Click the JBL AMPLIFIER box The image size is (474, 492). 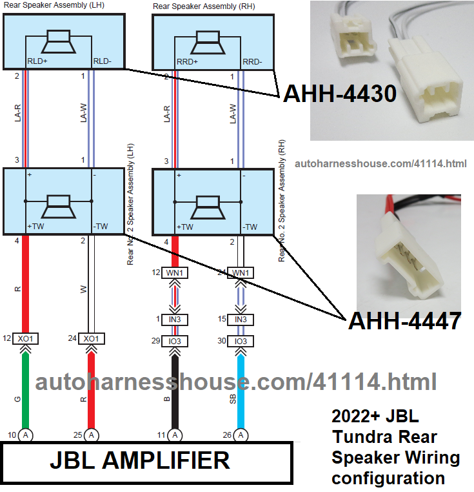140,461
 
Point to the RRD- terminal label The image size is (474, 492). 252,62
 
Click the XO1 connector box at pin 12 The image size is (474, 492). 26,338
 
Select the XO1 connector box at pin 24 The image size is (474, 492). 92,338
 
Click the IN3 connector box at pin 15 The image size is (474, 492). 241,320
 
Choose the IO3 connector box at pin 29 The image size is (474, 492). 174,341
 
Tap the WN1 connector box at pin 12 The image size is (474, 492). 174,272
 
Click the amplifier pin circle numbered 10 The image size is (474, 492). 26,435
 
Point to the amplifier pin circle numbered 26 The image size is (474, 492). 241,435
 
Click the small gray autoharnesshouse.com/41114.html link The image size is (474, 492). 380,164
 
